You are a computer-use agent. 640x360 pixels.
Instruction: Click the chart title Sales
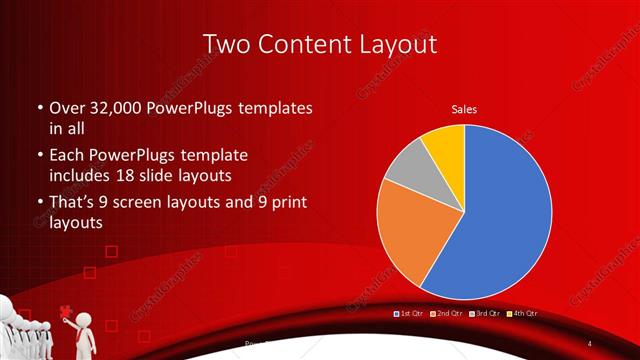click(464, 108)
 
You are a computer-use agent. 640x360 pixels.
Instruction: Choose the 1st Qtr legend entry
click(410, 314)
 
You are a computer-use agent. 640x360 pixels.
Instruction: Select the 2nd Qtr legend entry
click(446, 314)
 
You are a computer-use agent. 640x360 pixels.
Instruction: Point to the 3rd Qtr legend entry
click(484, 314)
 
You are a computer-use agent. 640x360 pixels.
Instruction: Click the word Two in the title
click(226, 44)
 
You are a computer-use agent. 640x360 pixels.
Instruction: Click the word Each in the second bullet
click(68, 157)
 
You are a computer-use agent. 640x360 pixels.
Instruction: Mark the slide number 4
click(590, 344)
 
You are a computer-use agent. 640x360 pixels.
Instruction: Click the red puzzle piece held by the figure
click(66, 311)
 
